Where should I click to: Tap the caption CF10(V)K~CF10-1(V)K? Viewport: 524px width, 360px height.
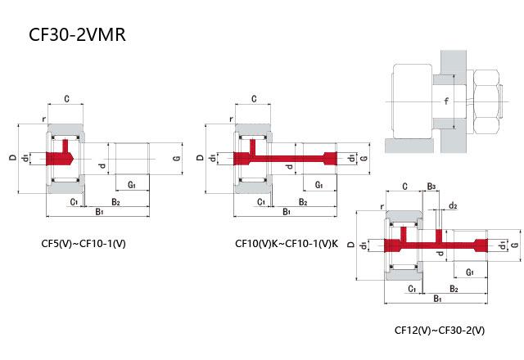click(286, 243)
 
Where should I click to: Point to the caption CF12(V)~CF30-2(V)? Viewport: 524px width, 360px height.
click(439, 331)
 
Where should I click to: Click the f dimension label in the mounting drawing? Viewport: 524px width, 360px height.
click(446, 101)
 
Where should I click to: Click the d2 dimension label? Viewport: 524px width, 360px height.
click(453, 205)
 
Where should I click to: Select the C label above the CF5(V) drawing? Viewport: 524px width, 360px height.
click(65, 99)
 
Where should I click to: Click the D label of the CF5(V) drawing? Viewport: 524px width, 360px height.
click(12, 156)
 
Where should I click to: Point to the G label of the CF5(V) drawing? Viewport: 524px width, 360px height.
click(176, 155)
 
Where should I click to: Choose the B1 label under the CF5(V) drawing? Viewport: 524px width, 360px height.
click(99, 212)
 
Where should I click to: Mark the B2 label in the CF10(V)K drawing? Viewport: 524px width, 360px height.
click(303, 201)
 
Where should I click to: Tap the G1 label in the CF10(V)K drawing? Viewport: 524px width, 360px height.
click(318, 185)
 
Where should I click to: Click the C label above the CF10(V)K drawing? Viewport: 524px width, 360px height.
click(255, 99)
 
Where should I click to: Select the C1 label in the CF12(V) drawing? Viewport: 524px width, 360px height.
click(410, 287)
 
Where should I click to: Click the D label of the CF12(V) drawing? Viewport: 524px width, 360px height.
click(350, 245)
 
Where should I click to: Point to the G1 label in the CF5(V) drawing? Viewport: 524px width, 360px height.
click(132, 185)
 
